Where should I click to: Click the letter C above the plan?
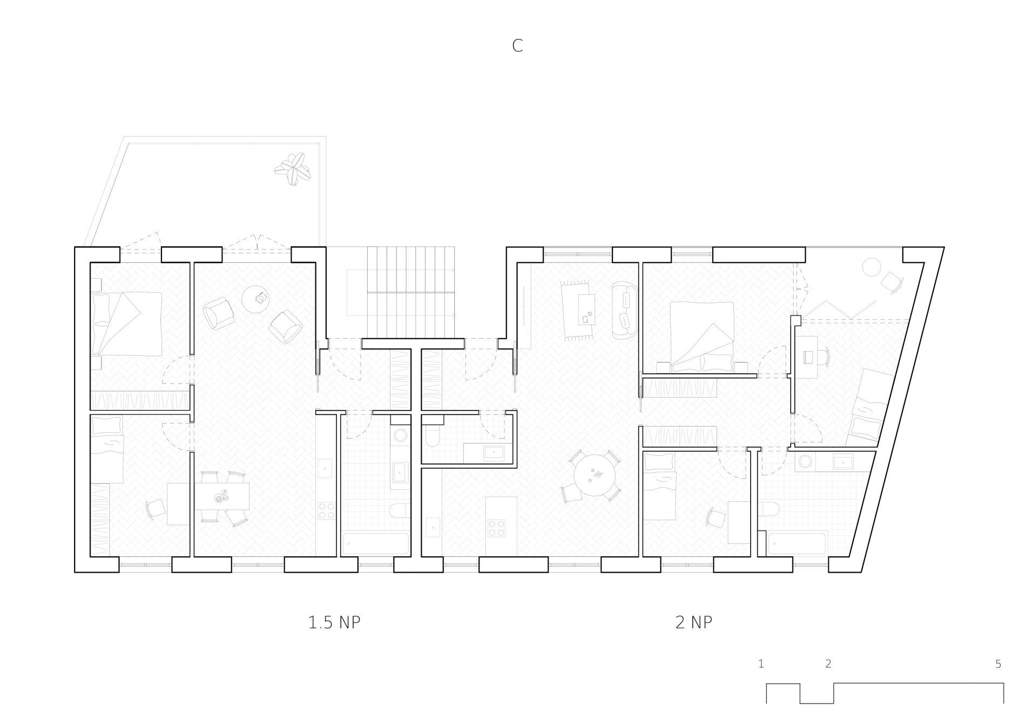[517, 46]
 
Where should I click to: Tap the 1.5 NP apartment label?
[334, 623]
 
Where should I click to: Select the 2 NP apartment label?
[694, 623]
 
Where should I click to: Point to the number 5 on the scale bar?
[998, 664]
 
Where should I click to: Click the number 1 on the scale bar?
[761, 664]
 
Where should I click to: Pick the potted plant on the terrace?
[293, 169]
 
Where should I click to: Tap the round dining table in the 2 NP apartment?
[595, 475]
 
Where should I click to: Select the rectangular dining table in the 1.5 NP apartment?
[222, 496]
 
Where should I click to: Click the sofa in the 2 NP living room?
[625, 310]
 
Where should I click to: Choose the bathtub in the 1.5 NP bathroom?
[376, 543]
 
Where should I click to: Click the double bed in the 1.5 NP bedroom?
[126, 324]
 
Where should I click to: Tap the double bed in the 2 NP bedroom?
[702, 337]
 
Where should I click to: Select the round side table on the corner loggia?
[871, 267]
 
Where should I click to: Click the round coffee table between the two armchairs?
[255, 299]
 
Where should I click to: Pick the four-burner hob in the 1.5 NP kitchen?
[326, 511]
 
